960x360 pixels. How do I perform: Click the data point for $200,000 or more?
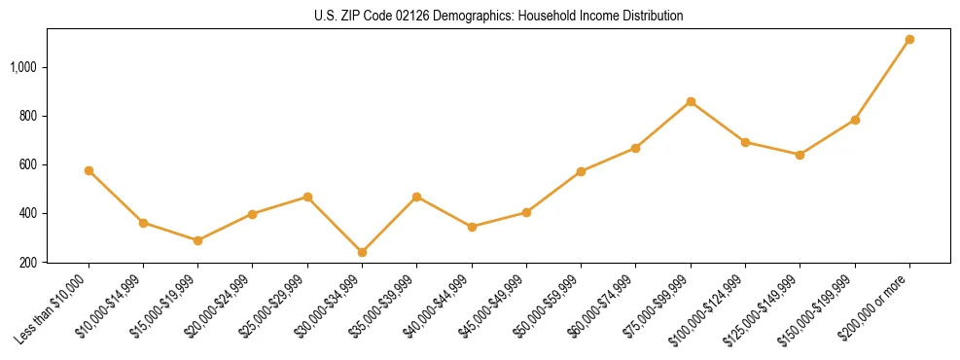pyautogui.click(x=909, y=40)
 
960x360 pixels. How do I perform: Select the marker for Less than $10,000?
pyautogui.click(x=89, y=170)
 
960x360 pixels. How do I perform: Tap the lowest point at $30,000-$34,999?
pyautogui.click(x=362, y=252)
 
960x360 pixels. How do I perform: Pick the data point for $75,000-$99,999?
pyautogui.click(x=691, y=101)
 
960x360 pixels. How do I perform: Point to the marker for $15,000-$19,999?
pyautogui.click(x=197, y=240)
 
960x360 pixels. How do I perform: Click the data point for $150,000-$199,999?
pyautogui.click(x=855, y=120)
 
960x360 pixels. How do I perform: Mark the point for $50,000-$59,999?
pyautogui.click(x=581, y=171)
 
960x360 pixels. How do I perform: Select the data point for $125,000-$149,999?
pyautogui.click(x=800, y=155)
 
